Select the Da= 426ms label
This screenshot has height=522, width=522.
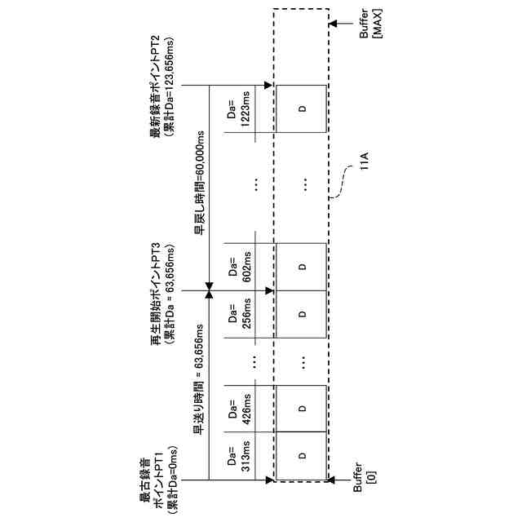(x=237, y=408)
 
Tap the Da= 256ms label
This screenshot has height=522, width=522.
(x=237, y=315)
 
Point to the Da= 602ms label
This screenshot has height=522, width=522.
(x=237, y=267)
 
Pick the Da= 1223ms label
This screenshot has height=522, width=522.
(x=237, y=109)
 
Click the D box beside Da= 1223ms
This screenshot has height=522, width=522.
(x=302, y=109)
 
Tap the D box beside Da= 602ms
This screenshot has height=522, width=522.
(x=302, y=267)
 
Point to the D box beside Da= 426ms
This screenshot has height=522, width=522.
(x=302, y=408)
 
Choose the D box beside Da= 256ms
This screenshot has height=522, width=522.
(x=302, y=315)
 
